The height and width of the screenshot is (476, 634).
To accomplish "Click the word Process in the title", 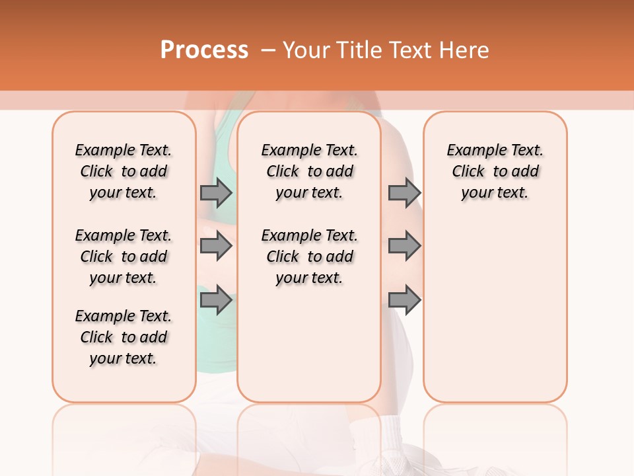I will (x=204, y=50).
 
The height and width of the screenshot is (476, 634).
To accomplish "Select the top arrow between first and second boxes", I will (x=216, y=192).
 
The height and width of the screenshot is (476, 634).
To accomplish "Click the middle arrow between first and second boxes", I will (x=216, y=246).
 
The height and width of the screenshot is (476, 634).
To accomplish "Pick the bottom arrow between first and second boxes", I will (x=216, y=300).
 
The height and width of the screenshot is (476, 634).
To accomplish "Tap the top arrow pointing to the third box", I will (x=404, y=192).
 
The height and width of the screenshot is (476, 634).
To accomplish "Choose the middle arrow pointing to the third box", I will (x=404, y=246).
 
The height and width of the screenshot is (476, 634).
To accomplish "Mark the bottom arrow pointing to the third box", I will (x=404, y=300).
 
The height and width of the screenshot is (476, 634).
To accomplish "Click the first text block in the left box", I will (x=123, y=171).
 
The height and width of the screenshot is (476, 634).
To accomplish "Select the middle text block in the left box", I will (x=123, y=257).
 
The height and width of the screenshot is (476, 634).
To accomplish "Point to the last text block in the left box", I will (x=123, y=337).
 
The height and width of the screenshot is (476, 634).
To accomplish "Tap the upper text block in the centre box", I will (x=309, y=171).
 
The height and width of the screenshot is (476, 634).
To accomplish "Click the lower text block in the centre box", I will (x=309, y=257).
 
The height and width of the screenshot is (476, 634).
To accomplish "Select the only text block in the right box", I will (x=495, y=171).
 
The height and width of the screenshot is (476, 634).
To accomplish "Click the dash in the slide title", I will (x=267, y=50).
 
